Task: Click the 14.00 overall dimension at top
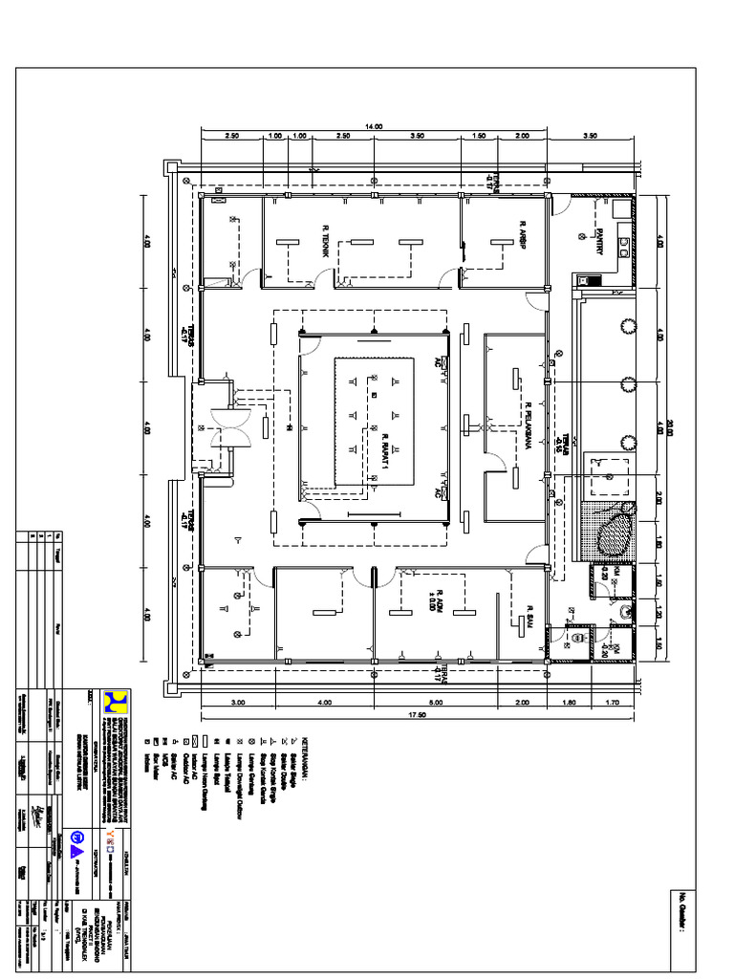pyautogui.click(x=373, y=126)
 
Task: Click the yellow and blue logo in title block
pyautogui.click(x=116, y=704)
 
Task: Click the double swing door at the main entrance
pyautogui.click(x=230, y=426)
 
